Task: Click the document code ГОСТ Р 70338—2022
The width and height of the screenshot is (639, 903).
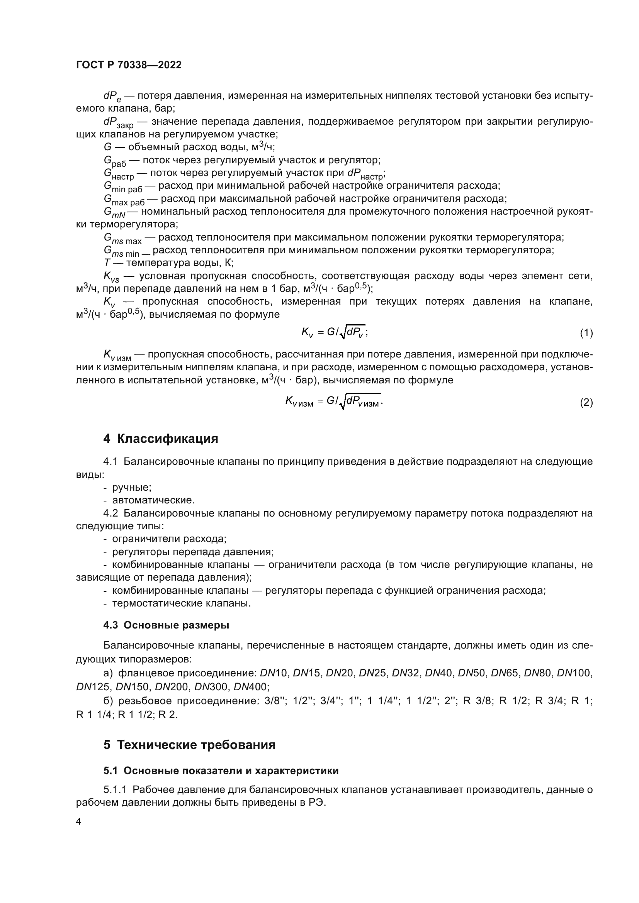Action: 129,65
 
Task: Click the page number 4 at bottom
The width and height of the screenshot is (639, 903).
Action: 79,822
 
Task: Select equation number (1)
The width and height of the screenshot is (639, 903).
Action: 586,333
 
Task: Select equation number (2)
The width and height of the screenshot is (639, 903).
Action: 586,402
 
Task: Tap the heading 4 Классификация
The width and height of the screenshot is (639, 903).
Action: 161,439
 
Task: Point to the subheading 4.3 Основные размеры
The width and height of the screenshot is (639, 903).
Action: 166,625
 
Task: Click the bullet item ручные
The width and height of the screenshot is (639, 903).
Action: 132,487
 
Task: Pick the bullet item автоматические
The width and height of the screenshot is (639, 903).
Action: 153,500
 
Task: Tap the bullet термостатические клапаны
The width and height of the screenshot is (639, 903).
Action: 182,603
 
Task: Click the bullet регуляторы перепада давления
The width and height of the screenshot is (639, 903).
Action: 193,552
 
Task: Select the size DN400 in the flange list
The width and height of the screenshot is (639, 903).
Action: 251,687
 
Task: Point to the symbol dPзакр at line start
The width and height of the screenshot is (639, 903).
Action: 118,123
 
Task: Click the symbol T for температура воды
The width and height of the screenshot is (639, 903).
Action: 107,263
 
